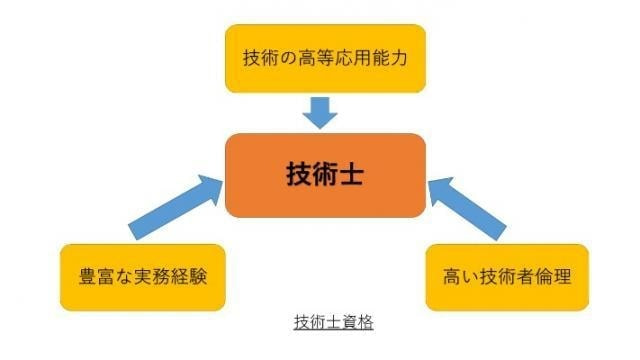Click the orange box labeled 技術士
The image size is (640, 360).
[x=325, y=176]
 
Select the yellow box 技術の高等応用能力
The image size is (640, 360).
[x=325, y=58]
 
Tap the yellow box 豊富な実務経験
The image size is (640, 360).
[x=143, y=278]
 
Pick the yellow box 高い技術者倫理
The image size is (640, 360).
[x=507, y=278]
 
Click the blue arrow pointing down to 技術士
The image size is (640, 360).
[x=320, y=113]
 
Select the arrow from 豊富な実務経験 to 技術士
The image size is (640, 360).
[x=176, y=207]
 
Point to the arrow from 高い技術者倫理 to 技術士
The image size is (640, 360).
[x=467, y=208]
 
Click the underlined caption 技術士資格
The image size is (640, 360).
[x=333, y=322]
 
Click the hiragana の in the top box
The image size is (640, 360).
[x=288, y=58]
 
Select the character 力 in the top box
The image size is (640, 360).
[x=399, y=58]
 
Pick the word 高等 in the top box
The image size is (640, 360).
[x=315, y=58]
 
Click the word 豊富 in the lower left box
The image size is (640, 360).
[x=96, y=276]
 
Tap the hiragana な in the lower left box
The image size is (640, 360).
[x=122, y=277]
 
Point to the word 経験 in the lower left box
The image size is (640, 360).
[x=190, y=276]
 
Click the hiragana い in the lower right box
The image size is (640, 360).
[x=469, y=277]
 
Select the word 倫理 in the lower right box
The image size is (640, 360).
[x=554, y=276]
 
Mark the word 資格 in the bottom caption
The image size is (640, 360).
[x=358, y=322]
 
